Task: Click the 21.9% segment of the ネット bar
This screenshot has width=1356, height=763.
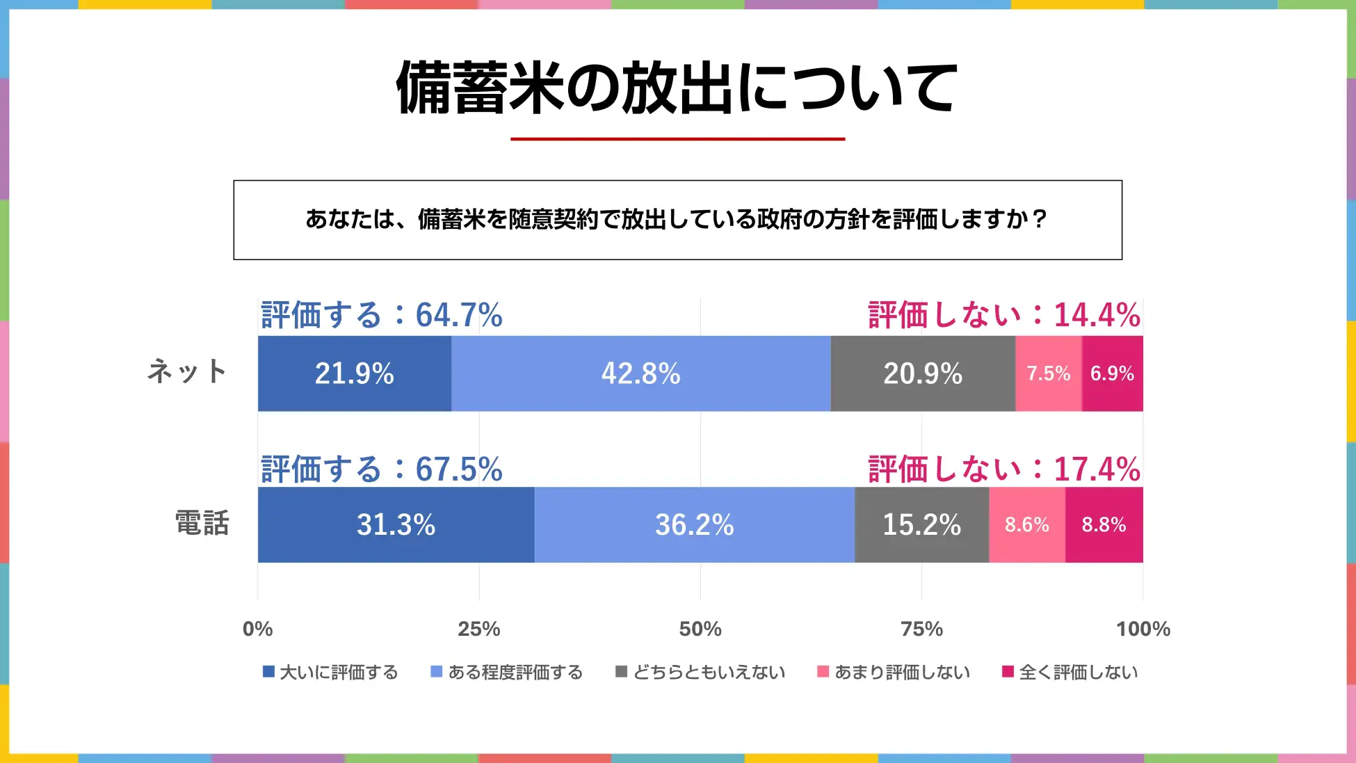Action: [354, 374]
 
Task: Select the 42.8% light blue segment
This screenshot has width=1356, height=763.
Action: [640, 374]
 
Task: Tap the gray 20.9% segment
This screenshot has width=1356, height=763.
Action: [923, 374]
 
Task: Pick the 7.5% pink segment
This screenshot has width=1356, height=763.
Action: [1048, 374]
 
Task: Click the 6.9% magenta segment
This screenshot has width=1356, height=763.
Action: [1112, 374]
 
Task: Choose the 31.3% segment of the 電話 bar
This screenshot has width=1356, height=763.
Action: [396, 524]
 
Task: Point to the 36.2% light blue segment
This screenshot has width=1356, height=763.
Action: [694, 524]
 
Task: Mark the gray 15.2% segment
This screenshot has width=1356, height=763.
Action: [921, 524]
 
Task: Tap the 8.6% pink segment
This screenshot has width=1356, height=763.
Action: [1026, 524]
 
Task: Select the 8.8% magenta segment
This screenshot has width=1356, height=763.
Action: [1104, 524]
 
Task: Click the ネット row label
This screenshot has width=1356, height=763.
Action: [187, 371]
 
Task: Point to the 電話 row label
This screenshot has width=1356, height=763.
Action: [202, 523]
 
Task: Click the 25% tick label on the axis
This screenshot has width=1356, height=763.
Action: [478, 629]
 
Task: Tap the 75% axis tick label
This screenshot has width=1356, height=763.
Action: [921, 629]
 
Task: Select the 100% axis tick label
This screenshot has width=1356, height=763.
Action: [1143, 629]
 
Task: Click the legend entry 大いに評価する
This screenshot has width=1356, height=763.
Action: [330, 672]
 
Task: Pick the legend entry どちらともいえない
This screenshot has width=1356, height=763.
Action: [701, 672]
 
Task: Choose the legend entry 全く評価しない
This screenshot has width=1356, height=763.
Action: [1070, 672]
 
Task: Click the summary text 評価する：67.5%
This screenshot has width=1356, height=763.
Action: [381, 469]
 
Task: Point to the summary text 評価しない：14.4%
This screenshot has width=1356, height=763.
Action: [1004, 315]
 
